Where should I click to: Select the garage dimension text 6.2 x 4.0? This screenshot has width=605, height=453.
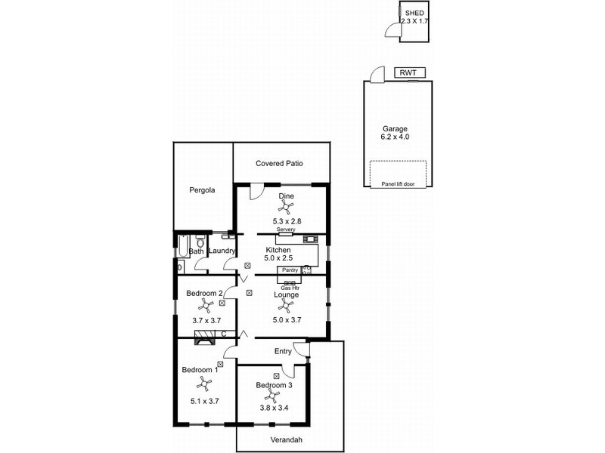tap(395, 137)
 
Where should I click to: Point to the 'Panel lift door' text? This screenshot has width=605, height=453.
tap(398, 183)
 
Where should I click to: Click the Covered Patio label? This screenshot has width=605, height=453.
tap(281, 163)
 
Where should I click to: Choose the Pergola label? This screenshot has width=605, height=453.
tap(202, 190)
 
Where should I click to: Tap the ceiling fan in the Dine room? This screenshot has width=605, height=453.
tap(286, 208)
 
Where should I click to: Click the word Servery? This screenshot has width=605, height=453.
tap(285, 230)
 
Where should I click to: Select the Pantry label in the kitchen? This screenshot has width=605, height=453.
tap(290, 270)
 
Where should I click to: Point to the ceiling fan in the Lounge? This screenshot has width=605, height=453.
tap(286, 306)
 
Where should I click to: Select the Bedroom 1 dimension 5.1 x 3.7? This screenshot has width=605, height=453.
tap(200, 401)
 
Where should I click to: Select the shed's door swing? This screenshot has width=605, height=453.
tap(390, 30)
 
